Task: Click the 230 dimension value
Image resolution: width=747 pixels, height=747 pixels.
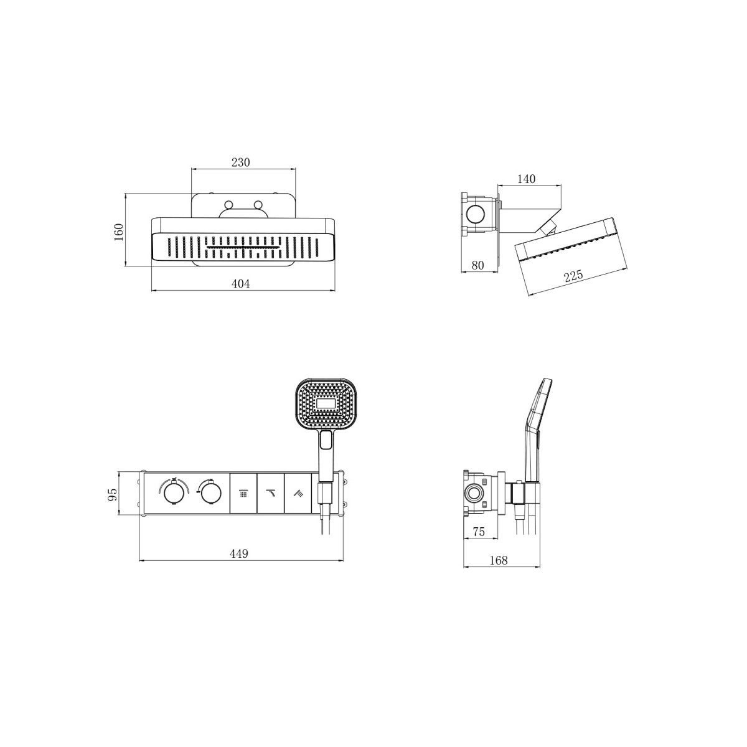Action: pos(241,162)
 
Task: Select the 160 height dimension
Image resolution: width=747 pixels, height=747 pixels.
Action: pos(119,232)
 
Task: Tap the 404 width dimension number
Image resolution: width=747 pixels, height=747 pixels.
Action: pos(241,284)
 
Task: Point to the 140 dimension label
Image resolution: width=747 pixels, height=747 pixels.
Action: pos(526,179)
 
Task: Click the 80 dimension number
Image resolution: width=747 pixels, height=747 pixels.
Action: pos(477,266)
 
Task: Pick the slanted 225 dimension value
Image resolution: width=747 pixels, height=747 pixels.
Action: pos(573,276)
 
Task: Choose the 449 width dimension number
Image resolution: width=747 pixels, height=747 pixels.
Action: pos(239,553)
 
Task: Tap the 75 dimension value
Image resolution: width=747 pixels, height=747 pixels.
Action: pos(479,532)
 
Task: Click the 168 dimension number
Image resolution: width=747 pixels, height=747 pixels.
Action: pos(499,560)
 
